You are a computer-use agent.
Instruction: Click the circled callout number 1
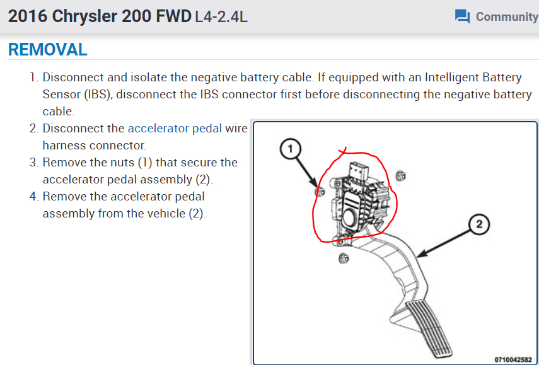point(290,149)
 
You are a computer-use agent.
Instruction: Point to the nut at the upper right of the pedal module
point(399,175)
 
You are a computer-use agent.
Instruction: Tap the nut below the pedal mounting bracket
point(343,257)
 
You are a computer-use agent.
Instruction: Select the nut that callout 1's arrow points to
point(319,192)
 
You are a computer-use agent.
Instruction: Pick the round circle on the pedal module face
point(347,217)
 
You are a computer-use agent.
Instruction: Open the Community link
point(506,16)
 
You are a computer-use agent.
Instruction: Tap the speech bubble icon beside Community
point(462,16)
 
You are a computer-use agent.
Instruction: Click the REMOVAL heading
point(48,49)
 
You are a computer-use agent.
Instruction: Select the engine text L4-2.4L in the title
point(221,16)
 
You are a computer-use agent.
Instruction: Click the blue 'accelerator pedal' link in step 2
point(175,128)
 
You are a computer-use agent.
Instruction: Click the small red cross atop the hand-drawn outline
point(342,152)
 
